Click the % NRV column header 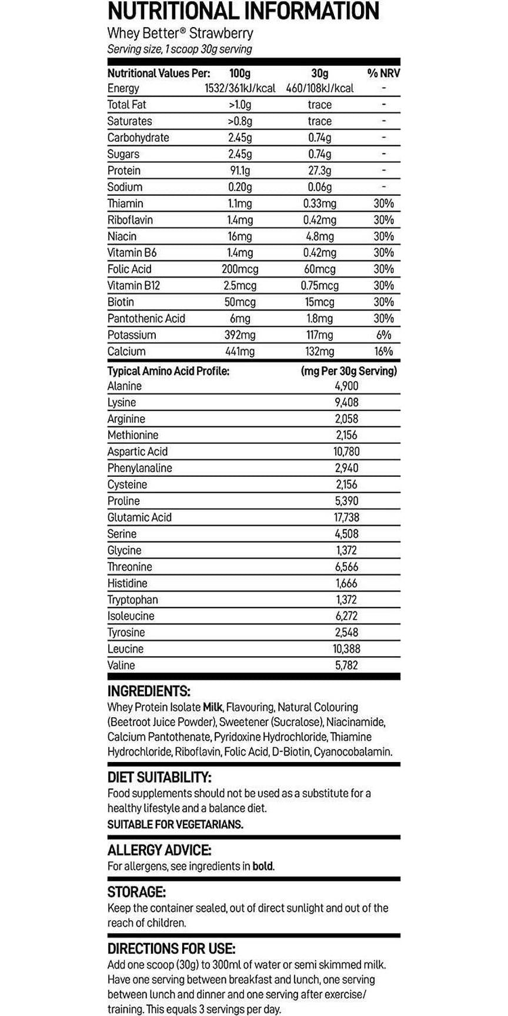383,73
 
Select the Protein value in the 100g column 239,171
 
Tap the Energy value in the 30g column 320,88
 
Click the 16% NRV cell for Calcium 383,352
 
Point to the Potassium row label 132,335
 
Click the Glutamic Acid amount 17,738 347,517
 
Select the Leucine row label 125,649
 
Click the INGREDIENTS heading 149,691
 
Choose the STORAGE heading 136,892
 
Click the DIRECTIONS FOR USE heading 171,949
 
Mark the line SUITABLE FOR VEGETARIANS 175,825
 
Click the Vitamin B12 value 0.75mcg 320,286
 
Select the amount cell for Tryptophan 347,600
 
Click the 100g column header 239,73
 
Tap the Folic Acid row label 129,269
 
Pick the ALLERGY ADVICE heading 159,850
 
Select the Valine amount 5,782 347,666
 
